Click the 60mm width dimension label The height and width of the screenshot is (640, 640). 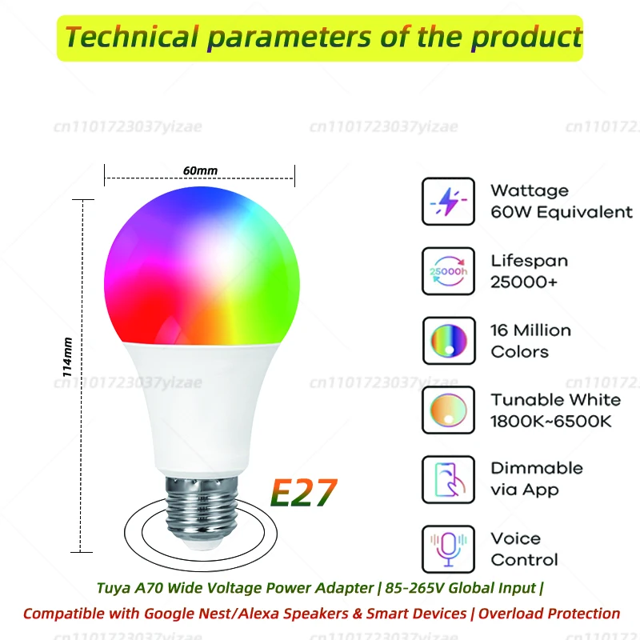point(200,170)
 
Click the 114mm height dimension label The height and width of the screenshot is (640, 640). point(69,356)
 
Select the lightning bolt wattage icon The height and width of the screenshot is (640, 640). point(448,201)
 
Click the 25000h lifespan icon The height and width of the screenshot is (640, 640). point(448,271)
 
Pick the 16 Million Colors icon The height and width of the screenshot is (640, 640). point(448,341)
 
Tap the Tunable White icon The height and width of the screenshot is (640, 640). point(448,410)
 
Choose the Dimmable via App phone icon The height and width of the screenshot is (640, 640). point(448,479)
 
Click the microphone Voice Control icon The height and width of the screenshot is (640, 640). point(448,549)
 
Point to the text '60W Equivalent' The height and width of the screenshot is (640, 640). point(562,212)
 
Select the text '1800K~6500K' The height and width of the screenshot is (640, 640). point(551,421)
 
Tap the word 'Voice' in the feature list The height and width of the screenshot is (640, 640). point(516,538)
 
